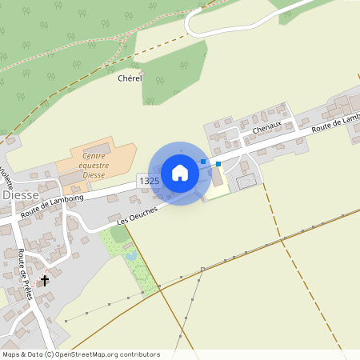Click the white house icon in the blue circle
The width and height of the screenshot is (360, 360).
[x=180, y=173]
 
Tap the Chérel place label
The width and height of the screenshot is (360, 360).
[x=130, y=78]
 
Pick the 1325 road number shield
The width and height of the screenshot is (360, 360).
[x=149, y=182]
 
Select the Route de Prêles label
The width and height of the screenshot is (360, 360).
[x=25, y=273]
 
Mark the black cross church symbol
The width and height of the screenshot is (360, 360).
[x=45, y=281]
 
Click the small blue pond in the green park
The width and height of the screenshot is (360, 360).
[x=131, y=256]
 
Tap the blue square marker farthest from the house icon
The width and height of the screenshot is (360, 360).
[x=218, y=164]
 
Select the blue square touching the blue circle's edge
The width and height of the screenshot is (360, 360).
[x=203, y=162]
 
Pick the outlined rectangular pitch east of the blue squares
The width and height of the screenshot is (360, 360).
[x=247, y=181]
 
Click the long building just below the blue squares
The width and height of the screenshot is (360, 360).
[x=218, y=179]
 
